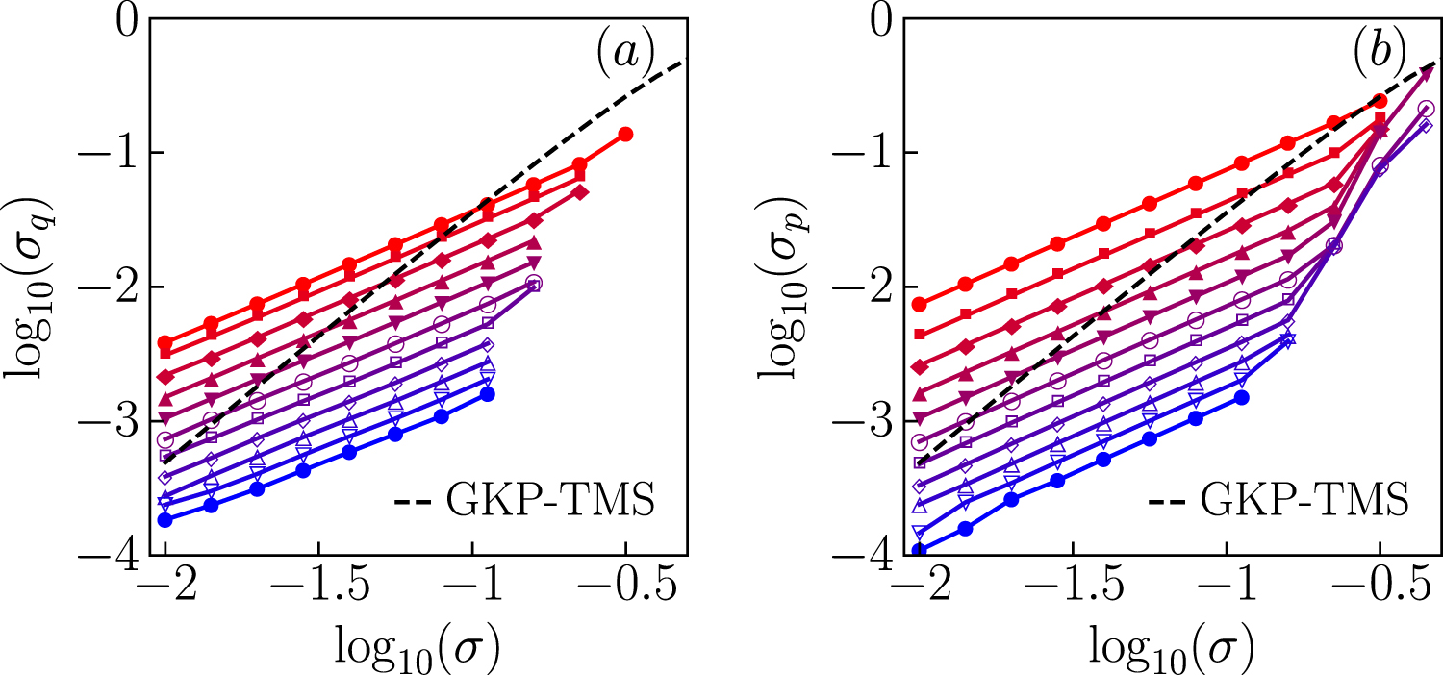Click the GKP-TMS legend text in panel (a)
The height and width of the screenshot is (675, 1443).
pos(552,502)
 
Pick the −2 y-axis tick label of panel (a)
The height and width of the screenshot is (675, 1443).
pos(114,287)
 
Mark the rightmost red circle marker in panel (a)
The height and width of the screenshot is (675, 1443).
pos(625,134)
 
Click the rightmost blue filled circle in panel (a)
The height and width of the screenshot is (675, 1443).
pos(487,394)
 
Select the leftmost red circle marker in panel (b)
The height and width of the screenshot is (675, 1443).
pos(919,305)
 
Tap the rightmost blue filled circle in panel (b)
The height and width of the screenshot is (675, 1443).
pos(1241,397)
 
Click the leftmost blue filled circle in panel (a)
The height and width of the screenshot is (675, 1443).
pos(165,520)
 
